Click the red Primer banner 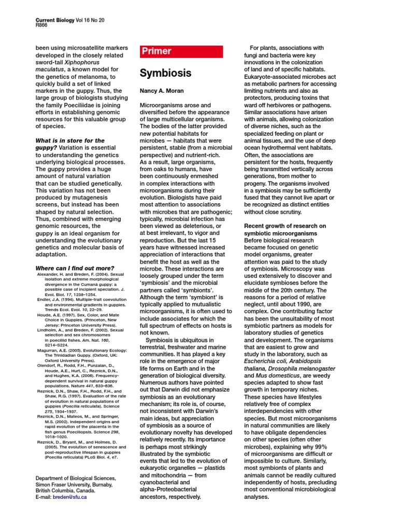181,51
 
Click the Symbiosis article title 165,73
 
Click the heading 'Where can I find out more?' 74,268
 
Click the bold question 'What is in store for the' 69,141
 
